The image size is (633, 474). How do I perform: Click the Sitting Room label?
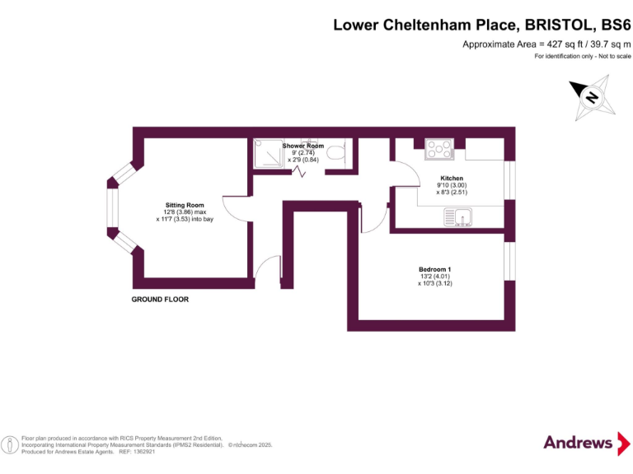point(185,205)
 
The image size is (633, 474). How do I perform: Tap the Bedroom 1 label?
point(434,270)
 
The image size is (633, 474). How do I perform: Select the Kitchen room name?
point(451,178)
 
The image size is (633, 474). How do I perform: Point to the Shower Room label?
point(302,146)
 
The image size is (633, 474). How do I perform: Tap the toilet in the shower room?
point(335,152)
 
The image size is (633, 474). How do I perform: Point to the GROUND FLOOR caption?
point(160,300)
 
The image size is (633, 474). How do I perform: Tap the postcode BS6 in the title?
point(611,25)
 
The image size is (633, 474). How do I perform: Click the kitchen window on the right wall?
point(509,180)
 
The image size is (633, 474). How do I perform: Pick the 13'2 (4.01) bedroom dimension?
point(434,277)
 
